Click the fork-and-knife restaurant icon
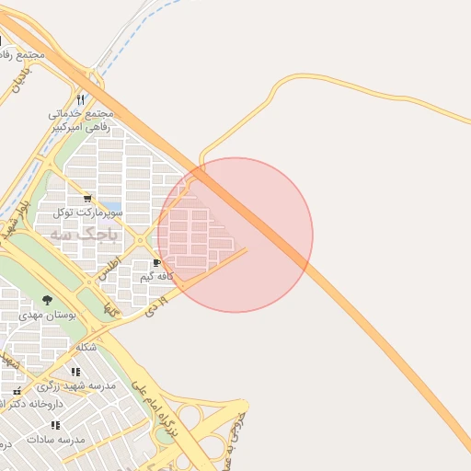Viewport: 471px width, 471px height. click(81, 99)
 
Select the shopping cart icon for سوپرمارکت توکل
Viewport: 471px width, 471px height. click(87, 198)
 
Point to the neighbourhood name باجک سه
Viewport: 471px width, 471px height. click(84, 235)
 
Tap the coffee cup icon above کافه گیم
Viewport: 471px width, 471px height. click(155, 263)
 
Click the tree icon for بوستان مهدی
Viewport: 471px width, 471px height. click(48, 300)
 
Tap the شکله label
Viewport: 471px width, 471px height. click(86, 347)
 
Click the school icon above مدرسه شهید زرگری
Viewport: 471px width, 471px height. click(75, 372)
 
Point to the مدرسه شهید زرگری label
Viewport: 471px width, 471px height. click(82, 385)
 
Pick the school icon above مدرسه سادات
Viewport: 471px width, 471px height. click(55, 425)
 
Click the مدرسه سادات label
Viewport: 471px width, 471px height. click(57, 439)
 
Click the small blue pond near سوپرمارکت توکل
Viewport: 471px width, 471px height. click(110, 207)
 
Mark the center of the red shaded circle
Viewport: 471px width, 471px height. click(235, 235)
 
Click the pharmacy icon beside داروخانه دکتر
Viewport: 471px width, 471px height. click(17, 391)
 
